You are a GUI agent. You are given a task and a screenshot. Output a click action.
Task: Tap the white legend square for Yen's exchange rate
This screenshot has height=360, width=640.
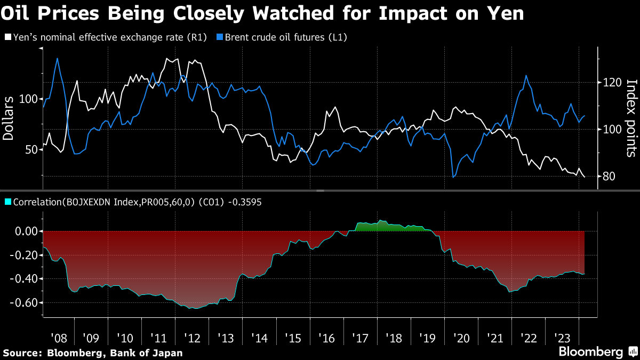coord(7,37)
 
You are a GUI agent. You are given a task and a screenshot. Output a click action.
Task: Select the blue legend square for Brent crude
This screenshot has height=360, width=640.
coord(219,37)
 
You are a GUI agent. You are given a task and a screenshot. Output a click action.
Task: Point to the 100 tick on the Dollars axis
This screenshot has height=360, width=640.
coord(29,99)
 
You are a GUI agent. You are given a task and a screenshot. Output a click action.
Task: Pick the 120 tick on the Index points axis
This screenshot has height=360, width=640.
coord(610,83)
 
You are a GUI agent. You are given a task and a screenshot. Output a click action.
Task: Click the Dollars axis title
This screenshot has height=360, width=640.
coord(9,118)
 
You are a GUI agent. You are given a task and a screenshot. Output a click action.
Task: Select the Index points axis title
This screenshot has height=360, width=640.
coord(630,118)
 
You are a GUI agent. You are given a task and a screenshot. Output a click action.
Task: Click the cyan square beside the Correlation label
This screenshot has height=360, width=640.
coord(7,202)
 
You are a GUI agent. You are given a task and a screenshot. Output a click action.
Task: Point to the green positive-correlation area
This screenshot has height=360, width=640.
coord(389,226)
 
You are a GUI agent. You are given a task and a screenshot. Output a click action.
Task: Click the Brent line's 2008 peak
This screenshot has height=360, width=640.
coord(57,58)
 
